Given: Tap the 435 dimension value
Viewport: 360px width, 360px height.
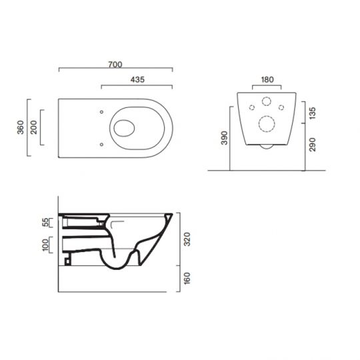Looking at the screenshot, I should click(x=138, y=79).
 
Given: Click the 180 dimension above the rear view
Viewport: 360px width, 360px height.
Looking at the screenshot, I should click(x=267, y=80).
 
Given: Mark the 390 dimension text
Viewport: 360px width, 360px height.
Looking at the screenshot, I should click(x=225, y=138).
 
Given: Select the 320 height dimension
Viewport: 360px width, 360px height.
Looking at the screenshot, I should click(x=189, y=239).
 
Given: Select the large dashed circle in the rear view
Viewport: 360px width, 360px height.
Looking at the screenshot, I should click(x=267, y=124).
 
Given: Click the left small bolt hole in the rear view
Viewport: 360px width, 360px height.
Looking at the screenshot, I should click(x=253, y=107).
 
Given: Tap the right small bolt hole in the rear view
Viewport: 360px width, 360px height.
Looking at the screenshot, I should click(x=281, y=107).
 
